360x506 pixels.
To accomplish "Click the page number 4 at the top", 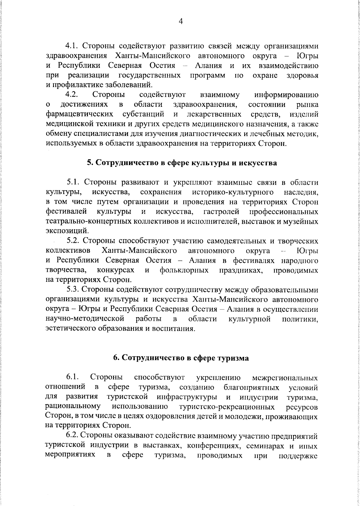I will (x=180, y=21).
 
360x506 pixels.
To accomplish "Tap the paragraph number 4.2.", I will (x=72, y=95).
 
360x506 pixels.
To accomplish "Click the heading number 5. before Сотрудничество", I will (x=90, y=163).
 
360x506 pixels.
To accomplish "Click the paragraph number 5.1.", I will (x=73, y=182).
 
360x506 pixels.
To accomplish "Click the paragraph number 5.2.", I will (x=73, y=241).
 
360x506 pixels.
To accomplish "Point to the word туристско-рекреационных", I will (x=227, y=407).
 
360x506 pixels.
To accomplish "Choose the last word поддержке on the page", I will (x=298, y=456).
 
